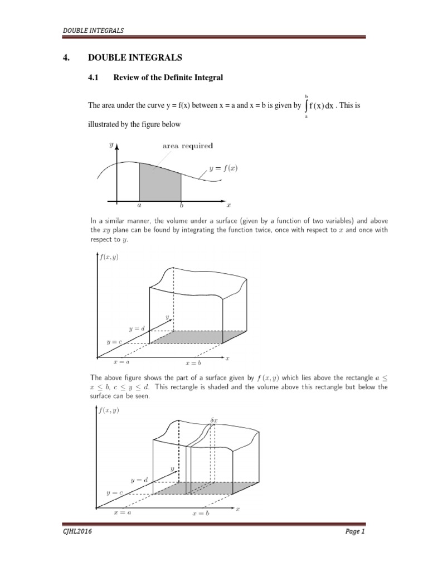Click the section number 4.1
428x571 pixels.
93,78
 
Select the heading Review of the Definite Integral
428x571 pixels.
168,78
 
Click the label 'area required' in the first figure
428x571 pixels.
187,146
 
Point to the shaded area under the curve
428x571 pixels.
160,182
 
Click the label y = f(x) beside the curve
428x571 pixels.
223,167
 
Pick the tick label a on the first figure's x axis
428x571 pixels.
139,205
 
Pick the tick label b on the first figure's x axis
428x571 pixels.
181,205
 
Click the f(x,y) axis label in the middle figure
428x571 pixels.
109,257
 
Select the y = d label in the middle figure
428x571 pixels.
137,329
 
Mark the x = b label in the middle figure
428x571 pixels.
194,362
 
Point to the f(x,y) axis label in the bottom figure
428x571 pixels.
109,410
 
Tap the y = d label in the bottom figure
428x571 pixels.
139,480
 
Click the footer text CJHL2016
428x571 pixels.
77,532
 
